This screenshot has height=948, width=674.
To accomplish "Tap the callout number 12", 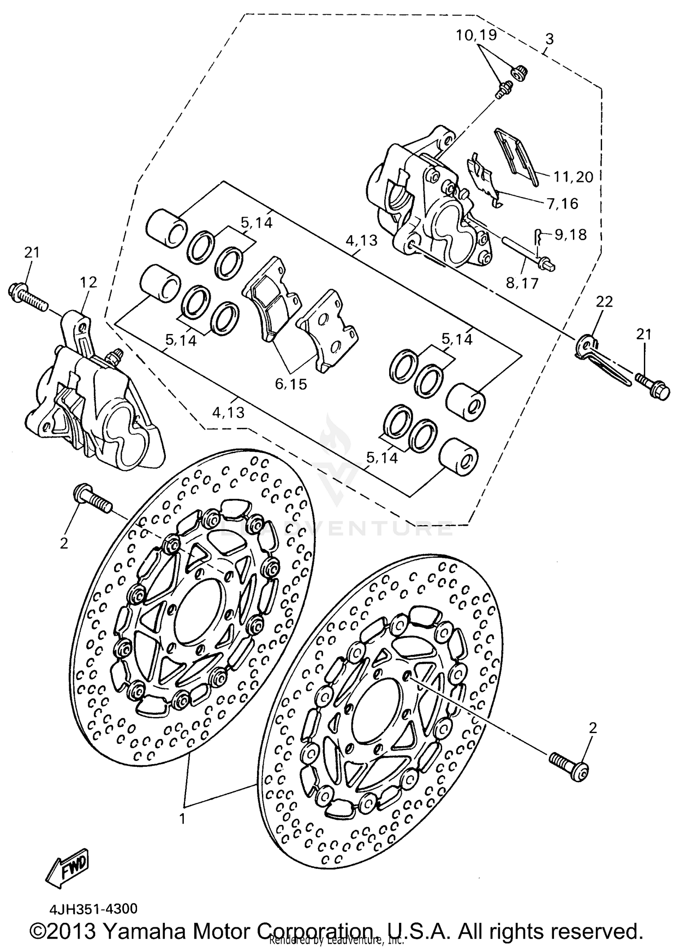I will click(x=89, y=282).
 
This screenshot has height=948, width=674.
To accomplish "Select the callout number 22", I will click(x=604, y=302).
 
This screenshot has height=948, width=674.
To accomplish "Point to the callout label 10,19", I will click(x=476, y=35).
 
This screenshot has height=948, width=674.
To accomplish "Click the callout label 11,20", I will click(x=573, y=177).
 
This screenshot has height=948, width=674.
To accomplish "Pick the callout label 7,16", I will click(x=562, y=204).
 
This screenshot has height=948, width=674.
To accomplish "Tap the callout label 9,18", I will click(x=570, y=235).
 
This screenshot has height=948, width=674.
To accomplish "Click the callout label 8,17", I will click(x=522, y=284).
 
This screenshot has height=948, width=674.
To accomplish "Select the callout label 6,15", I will click(x=291, y=384).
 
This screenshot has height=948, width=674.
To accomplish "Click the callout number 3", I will click(x=549, y=39).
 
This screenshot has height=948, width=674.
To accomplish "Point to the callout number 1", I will click(x=182, y=819).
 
